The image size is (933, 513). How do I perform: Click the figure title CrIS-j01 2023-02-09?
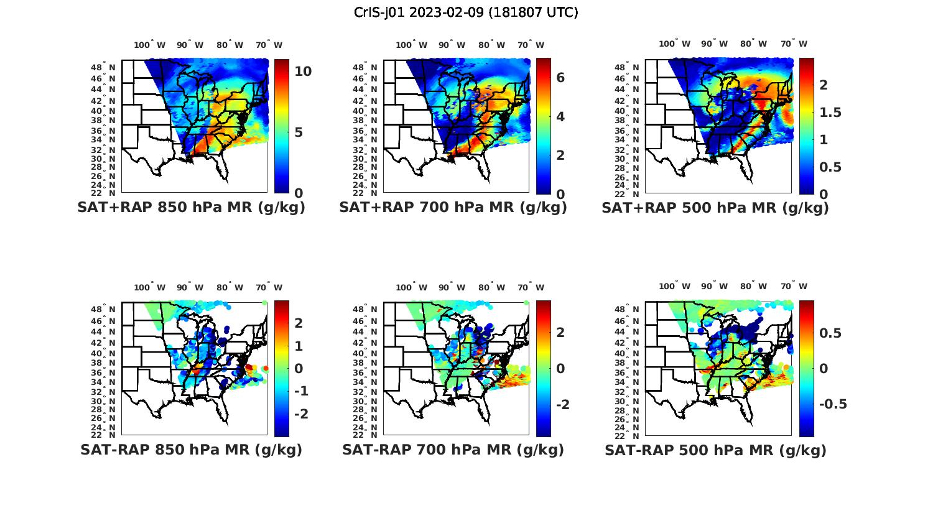(466, 12)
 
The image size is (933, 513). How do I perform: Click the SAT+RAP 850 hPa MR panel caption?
(191, 208)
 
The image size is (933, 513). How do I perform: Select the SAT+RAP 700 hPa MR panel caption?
(453, 208)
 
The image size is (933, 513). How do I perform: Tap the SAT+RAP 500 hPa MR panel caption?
(715, 208)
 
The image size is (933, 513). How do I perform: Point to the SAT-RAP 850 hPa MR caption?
(191, 450)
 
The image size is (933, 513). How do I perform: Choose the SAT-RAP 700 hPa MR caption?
(453, 450)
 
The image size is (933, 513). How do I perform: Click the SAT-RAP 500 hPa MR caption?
(715, 450)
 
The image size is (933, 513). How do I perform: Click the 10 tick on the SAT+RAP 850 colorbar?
(303, 72)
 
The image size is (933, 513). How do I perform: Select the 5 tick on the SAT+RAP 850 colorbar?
(299, 132)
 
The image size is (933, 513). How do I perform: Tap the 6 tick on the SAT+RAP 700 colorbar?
(560, 78)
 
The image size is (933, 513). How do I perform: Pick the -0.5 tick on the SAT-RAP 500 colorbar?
(833, 404)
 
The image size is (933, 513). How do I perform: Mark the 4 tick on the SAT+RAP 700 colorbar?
(560, 117)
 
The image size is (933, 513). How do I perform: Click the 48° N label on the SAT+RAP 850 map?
(104, 67)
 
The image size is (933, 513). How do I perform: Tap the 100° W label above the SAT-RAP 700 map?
(411, 287)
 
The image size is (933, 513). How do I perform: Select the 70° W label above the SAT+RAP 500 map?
(794, 44)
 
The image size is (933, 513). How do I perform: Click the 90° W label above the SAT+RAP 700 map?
(452, 45)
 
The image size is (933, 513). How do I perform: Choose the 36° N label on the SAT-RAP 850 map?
(104, 372)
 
